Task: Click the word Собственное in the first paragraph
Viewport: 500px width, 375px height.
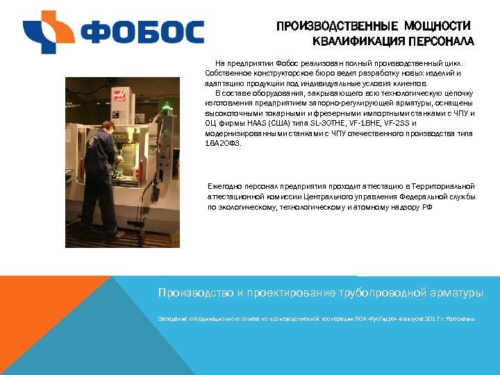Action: tap(230, 72)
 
